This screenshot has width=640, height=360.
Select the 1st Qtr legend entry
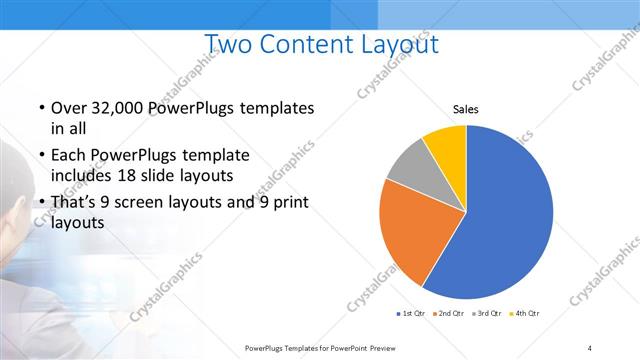pos(412,314)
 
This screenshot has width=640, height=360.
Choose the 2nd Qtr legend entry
pos(450,314)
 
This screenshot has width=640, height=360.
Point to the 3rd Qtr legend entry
pos(488,314)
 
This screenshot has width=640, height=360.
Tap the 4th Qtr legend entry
pos(526,314)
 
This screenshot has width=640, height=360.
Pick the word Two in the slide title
pos(230,44)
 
